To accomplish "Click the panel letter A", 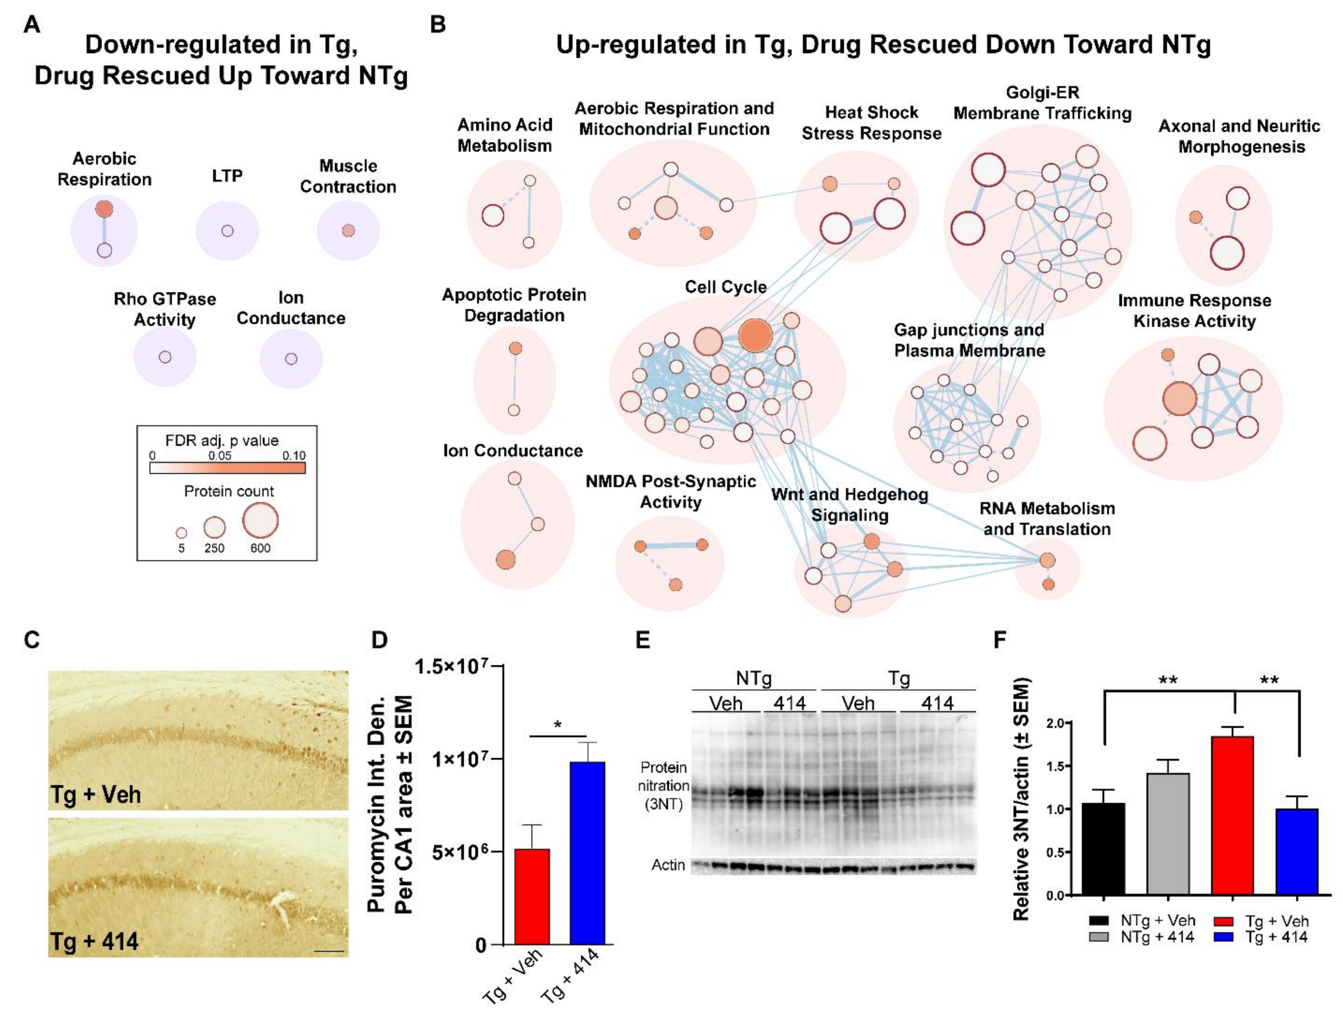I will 32,24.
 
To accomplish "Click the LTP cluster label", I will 227,176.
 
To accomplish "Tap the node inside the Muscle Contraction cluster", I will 348,231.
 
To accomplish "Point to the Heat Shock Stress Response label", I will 871,123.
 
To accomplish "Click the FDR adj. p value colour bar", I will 227,467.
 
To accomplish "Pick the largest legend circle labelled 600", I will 260,520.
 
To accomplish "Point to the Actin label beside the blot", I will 668,865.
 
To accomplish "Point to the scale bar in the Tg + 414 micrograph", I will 330,951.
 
